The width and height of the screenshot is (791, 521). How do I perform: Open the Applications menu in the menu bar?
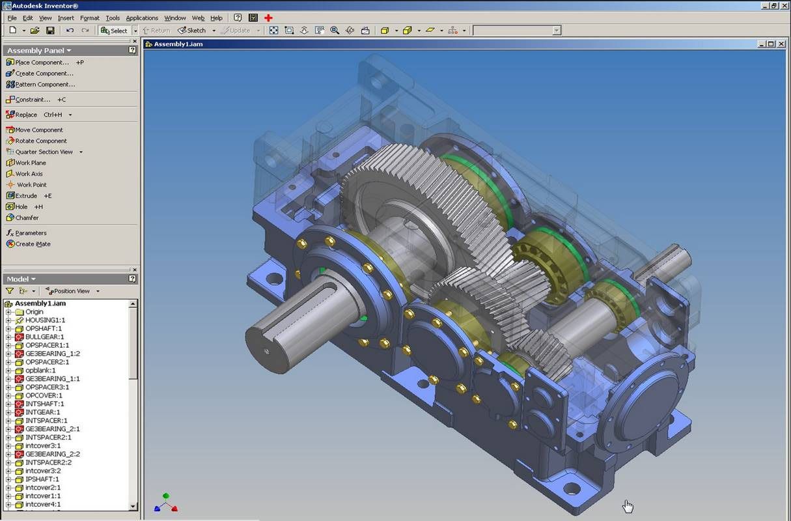pyautogui.click(x=141, y=18)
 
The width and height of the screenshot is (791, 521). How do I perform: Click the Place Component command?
pyautogui.click(x=41, y=63)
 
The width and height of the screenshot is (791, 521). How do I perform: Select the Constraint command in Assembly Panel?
pyautogui.click(x=32, y=100)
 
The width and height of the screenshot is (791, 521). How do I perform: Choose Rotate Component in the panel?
pyautogui.click(x=40, y=141)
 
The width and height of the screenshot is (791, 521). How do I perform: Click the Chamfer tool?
pyautogui.click(x=27, y=218)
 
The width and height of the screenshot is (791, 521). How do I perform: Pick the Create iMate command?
pyautogui.click(x=33, y=244)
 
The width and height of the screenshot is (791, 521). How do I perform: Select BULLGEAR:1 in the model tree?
pyautogui.click(x=44, y=337)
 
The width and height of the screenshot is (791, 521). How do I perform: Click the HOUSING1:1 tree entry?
pyautogui.click(x=45, y=320)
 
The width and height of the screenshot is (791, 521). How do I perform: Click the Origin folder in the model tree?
pyautogui.click(x=34, y=312)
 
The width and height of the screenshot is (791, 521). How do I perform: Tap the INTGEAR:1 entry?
pyautogui.click(x=42, y=412)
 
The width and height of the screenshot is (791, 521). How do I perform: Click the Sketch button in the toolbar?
pyautogui.click(x=192, y=31)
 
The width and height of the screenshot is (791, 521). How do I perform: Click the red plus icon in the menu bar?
pyautogui.click(x=268, y=18)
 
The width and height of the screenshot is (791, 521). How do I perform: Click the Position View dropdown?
pyautogui.click(x=72, y=291)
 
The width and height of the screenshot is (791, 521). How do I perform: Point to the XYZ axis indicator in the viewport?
pyautogui.click(x=166, y=503)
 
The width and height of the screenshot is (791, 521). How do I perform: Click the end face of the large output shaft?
pyautogui.click(x=268, y=349)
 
